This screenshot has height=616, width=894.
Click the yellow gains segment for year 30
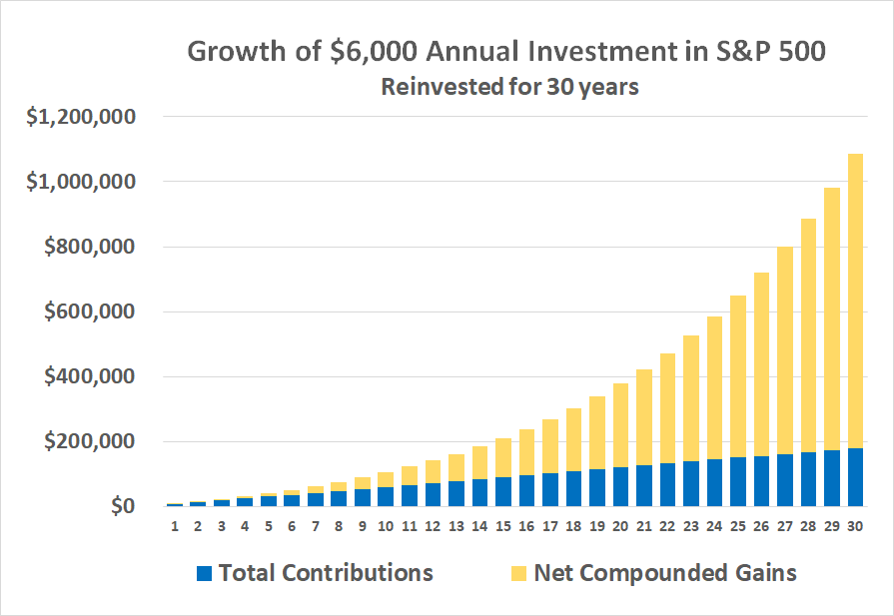[x=856, y=300]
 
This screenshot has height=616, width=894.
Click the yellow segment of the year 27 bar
[x=785, y=349]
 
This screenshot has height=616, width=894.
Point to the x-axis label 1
[x=174, y=525]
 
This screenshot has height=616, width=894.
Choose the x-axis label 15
[x=502, y=525]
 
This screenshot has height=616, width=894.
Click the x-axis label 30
[x=856, y=525]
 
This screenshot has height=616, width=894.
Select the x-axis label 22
[x=667, y=525]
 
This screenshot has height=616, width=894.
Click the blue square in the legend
[x=205, y=573]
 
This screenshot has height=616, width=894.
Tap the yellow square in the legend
[x=517, y=573]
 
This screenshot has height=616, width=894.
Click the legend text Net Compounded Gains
[x=665, y=573]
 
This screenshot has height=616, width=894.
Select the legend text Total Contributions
[x=326, y=573]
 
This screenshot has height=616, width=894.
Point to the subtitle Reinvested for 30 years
[x=509, y=87]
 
